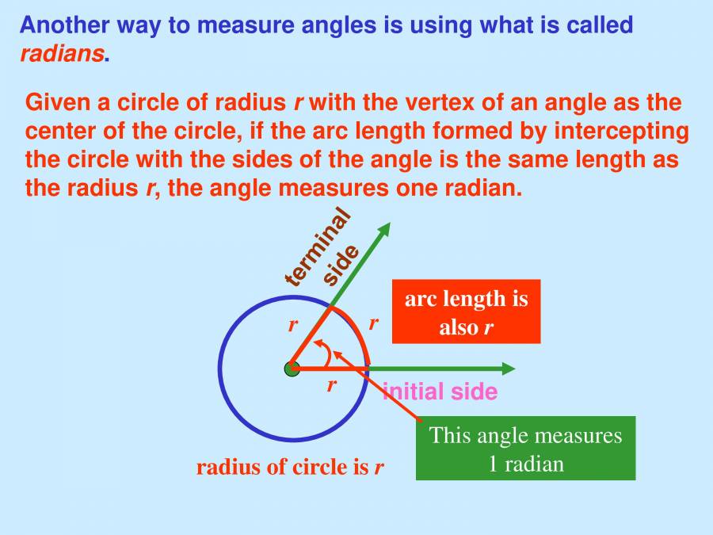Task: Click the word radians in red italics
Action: (62, 54)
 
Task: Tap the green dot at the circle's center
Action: (292, 369)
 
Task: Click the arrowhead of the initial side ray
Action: (507, 369)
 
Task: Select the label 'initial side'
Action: (440, 392)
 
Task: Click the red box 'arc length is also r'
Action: (466, 311)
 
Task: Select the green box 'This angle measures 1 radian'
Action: (525, 448)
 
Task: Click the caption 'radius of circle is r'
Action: (290, 467)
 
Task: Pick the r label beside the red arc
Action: (373, 323)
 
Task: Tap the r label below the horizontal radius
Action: (332, 386)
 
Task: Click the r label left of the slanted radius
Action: (292, 325)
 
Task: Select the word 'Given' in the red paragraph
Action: (54, 103)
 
